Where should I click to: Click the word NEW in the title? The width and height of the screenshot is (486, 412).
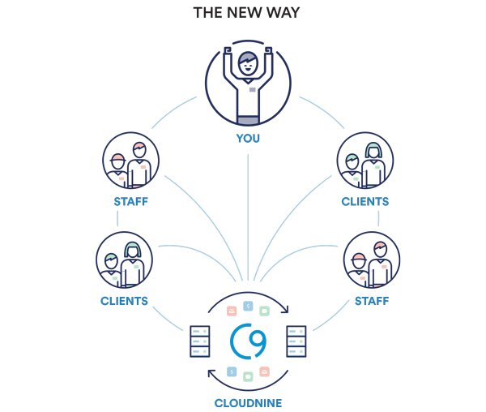coord(244,14)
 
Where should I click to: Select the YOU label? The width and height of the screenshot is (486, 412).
coord(248,138)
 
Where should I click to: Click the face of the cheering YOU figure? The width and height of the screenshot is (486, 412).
coord(248,62)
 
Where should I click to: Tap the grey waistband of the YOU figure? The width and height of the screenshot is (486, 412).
coord(248,120)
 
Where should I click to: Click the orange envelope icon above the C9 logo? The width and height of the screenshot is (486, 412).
coord(232,310)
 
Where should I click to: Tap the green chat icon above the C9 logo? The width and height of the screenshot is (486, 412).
coord(264,310)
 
